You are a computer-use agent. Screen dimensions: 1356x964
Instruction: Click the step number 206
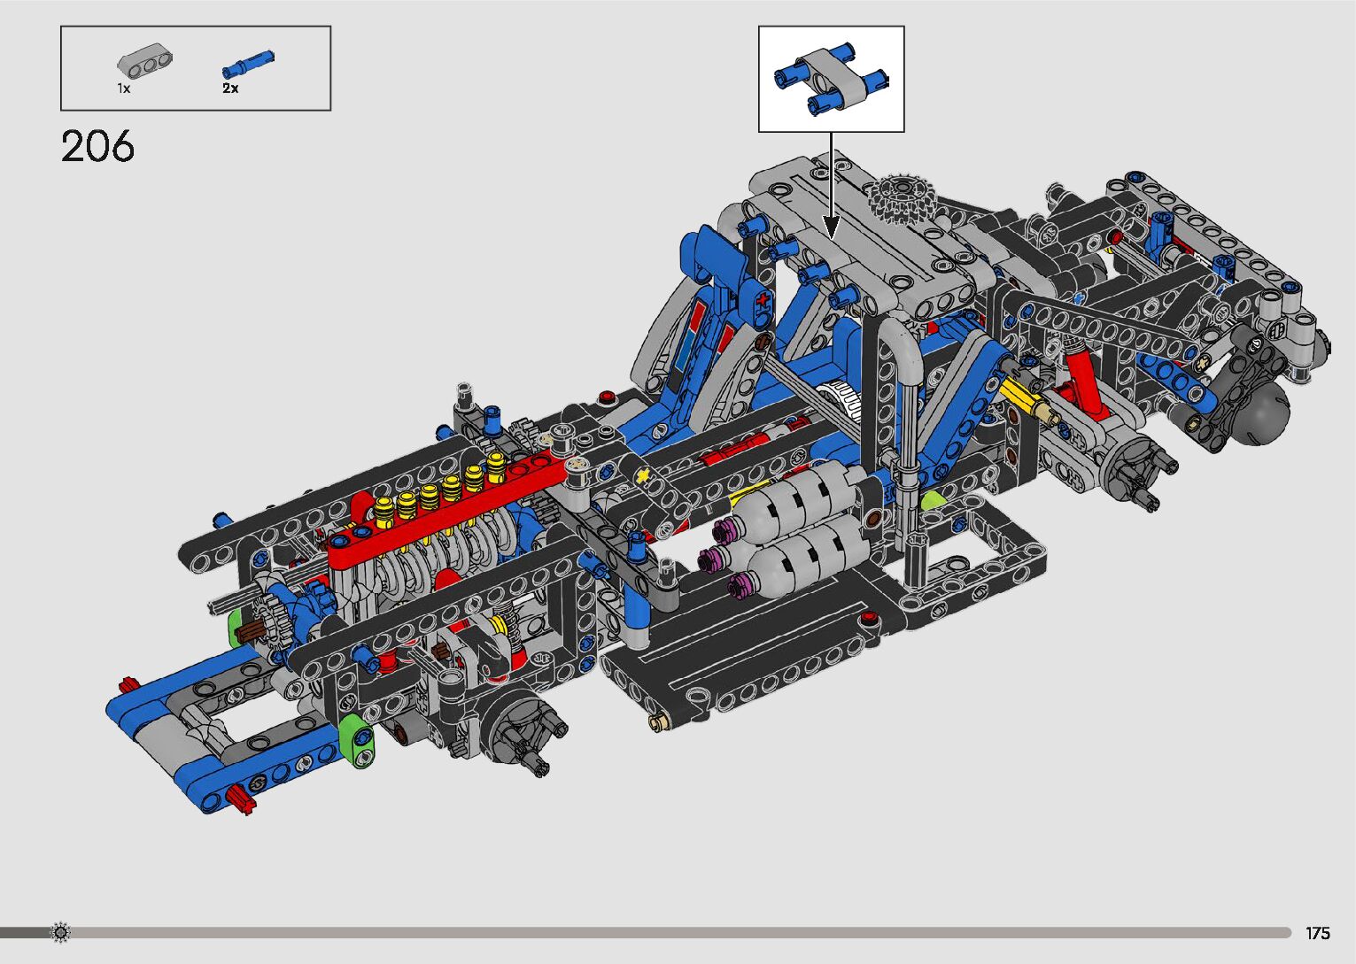[x=97, y=147]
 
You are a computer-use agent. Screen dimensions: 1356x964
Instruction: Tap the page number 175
[x=1317, y=932]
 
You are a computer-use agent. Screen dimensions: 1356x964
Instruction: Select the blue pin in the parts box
[x=248, y=65]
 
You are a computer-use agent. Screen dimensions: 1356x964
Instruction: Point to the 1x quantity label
[x=124, y=89]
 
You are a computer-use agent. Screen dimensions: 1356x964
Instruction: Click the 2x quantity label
[x=230, y=89]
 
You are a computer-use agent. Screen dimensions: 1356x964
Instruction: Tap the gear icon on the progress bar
[x=60, y=932]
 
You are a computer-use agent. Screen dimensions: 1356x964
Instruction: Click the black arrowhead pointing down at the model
[x=831, y=227]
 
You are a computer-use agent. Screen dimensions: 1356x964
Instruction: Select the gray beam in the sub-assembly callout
[x=831, y=79]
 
